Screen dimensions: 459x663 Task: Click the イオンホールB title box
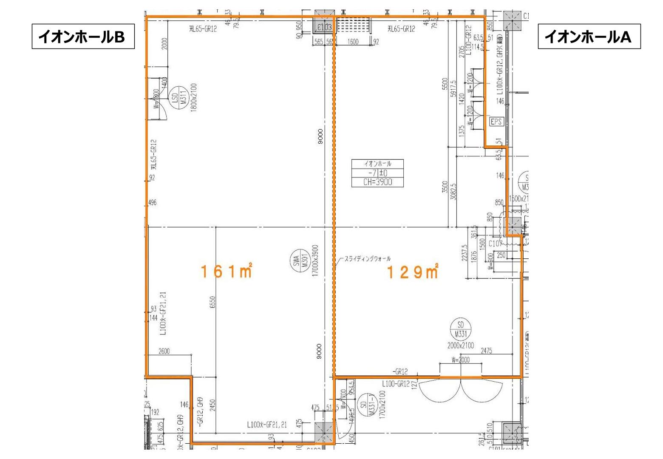pyautogui.click(x=83, y=37)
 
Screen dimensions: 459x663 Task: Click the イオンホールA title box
pyautogui.click(x=589, y=37)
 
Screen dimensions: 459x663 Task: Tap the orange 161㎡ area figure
pyautogui.click(x=227, y=272)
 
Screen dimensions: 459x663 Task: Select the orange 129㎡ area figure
pyautogui.click(x=412, y=272)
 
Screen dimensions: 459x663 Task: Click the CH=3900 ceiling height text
pyautogui.click(x=377, y=182)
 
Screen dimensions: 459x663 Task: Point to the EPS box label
pyautogui.click(x=496, y=122)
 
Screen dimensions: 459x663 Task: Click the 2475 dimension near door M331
pyautogui.click(x=487, y=351)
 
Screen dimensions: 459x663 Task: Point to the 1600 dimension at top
pyautogui.click(x=353, y=42)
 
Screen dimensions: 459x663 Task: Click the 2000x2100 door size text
pyautogui.click(x=460, y=346)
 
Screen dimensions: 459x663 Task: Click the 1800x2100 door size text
pyautogui.click(x=193, y=97)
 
